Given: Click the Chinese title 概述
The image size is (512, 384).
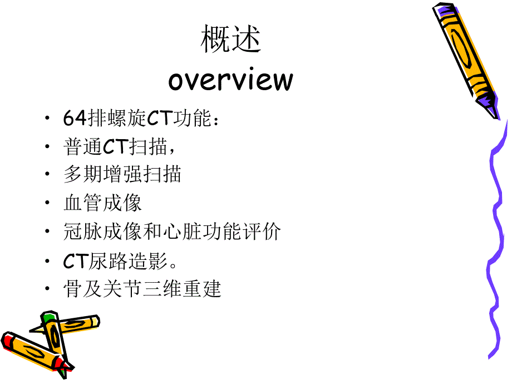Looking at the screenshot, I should (230, 40).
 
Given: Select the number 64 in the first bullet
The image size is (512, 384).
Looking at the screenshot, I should (74, 118).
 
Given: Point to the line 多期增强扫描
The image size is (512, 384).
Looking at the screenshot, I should (122, 175).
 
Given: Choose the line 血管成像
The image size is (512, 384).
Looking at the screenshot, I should (103, 203).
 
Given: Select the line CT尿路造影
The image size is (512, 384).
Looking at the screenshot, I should (129, 260).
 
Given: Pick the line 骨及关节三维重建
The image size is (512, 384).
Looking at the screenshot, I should (142, 289).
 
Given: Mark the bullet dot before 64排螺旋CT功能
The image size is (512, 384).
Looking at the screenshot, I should (48, 119).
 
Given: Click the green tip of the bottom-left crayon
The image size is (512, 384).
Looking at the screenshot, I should (49, 318).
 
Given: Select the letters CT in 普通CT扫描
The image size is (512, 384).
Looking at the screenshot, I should (116, 147).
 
